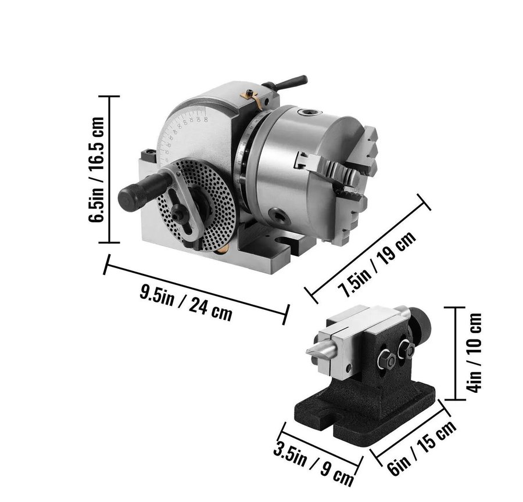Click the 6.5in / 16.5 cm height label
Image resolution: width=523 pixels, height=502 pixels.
coord(96,170)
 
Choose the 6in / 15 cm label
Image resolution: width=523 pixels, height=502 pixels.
coord(422,448)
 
